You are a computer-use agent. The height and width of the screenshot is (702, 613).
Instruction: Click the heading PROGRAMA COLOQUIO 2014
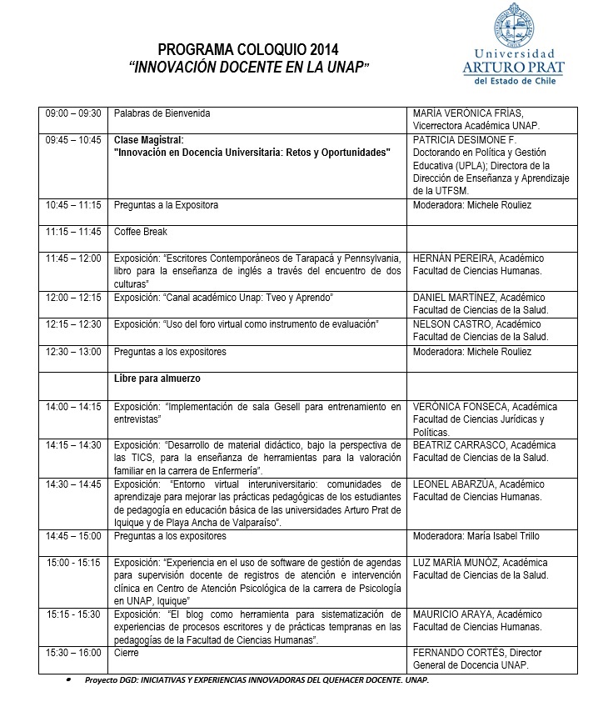coord(248,50)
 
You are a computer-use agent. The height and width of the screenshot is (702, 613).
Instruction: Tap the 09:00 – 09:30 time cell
coord(73,113)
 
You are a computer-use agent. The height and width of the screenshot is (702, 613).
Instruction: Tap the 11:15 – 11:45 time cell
coord(73,232)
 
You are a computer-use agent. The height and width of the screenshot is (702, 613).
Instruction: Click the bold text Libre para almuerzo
coord(157,379)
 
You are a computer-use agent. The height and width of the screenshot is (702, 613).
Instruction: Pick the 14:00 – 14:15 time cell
coord(73,407)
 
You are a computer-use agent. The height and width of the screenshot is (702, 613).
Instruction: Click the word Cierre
coord(127,653)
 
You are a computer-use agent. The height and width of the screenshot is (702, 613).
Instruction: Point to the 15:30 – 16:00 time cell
coord(73,653)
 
